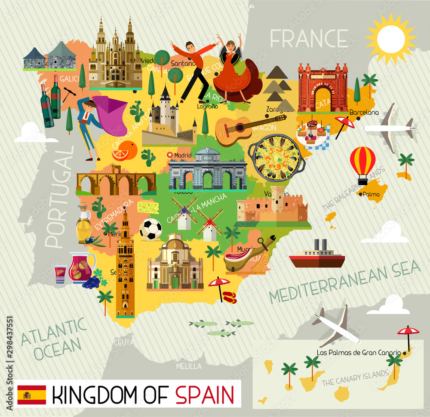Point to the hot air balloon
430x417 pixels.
click(362, 163)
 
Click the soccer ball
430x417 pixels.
click(151, 230)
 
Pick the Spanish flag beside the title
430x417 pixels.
click(32, 395)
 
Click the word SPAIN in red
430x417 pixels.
click(205, 395)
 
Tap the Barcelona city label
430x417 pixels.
click(364, 112)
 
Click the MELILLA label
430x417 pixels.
click(189, 366)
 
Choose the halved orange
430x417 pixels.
click(125, 151)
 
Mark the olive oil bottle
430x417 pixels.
click(83, 224)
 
